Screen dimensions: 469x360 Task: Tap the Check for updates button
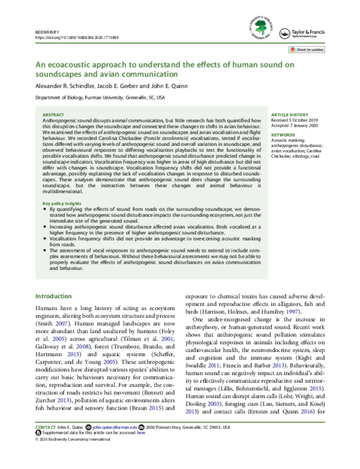[x=310, y=49]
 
